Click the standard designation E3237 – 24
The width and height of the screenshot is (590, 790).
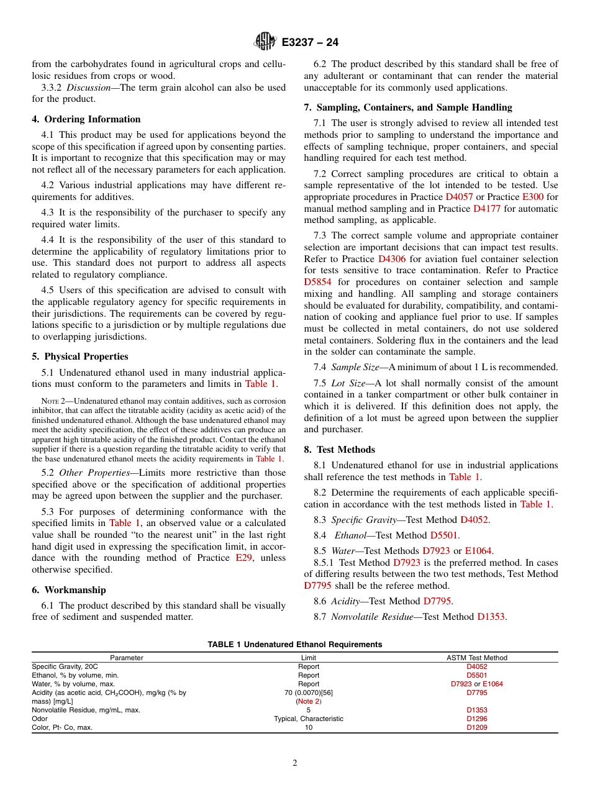310,43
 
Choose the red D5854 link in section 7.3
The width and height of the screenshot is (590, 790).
318,282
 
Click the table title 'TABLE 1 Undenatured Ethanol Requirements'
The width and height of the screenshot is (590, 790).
295,645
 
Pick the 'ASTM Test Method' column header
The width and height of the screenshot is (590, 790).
476,658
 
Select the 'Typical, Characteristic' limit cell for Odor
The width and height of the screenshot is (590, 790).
308,719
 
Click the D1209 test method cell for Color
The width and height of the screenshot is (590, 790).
476,727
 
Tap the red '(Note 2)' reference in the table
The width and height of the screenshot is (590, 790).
308,701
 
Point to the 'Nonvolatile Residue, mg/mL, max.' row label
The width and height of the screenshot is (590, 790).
86,710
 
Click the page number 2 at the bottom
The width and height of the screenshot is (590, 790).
295,763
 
